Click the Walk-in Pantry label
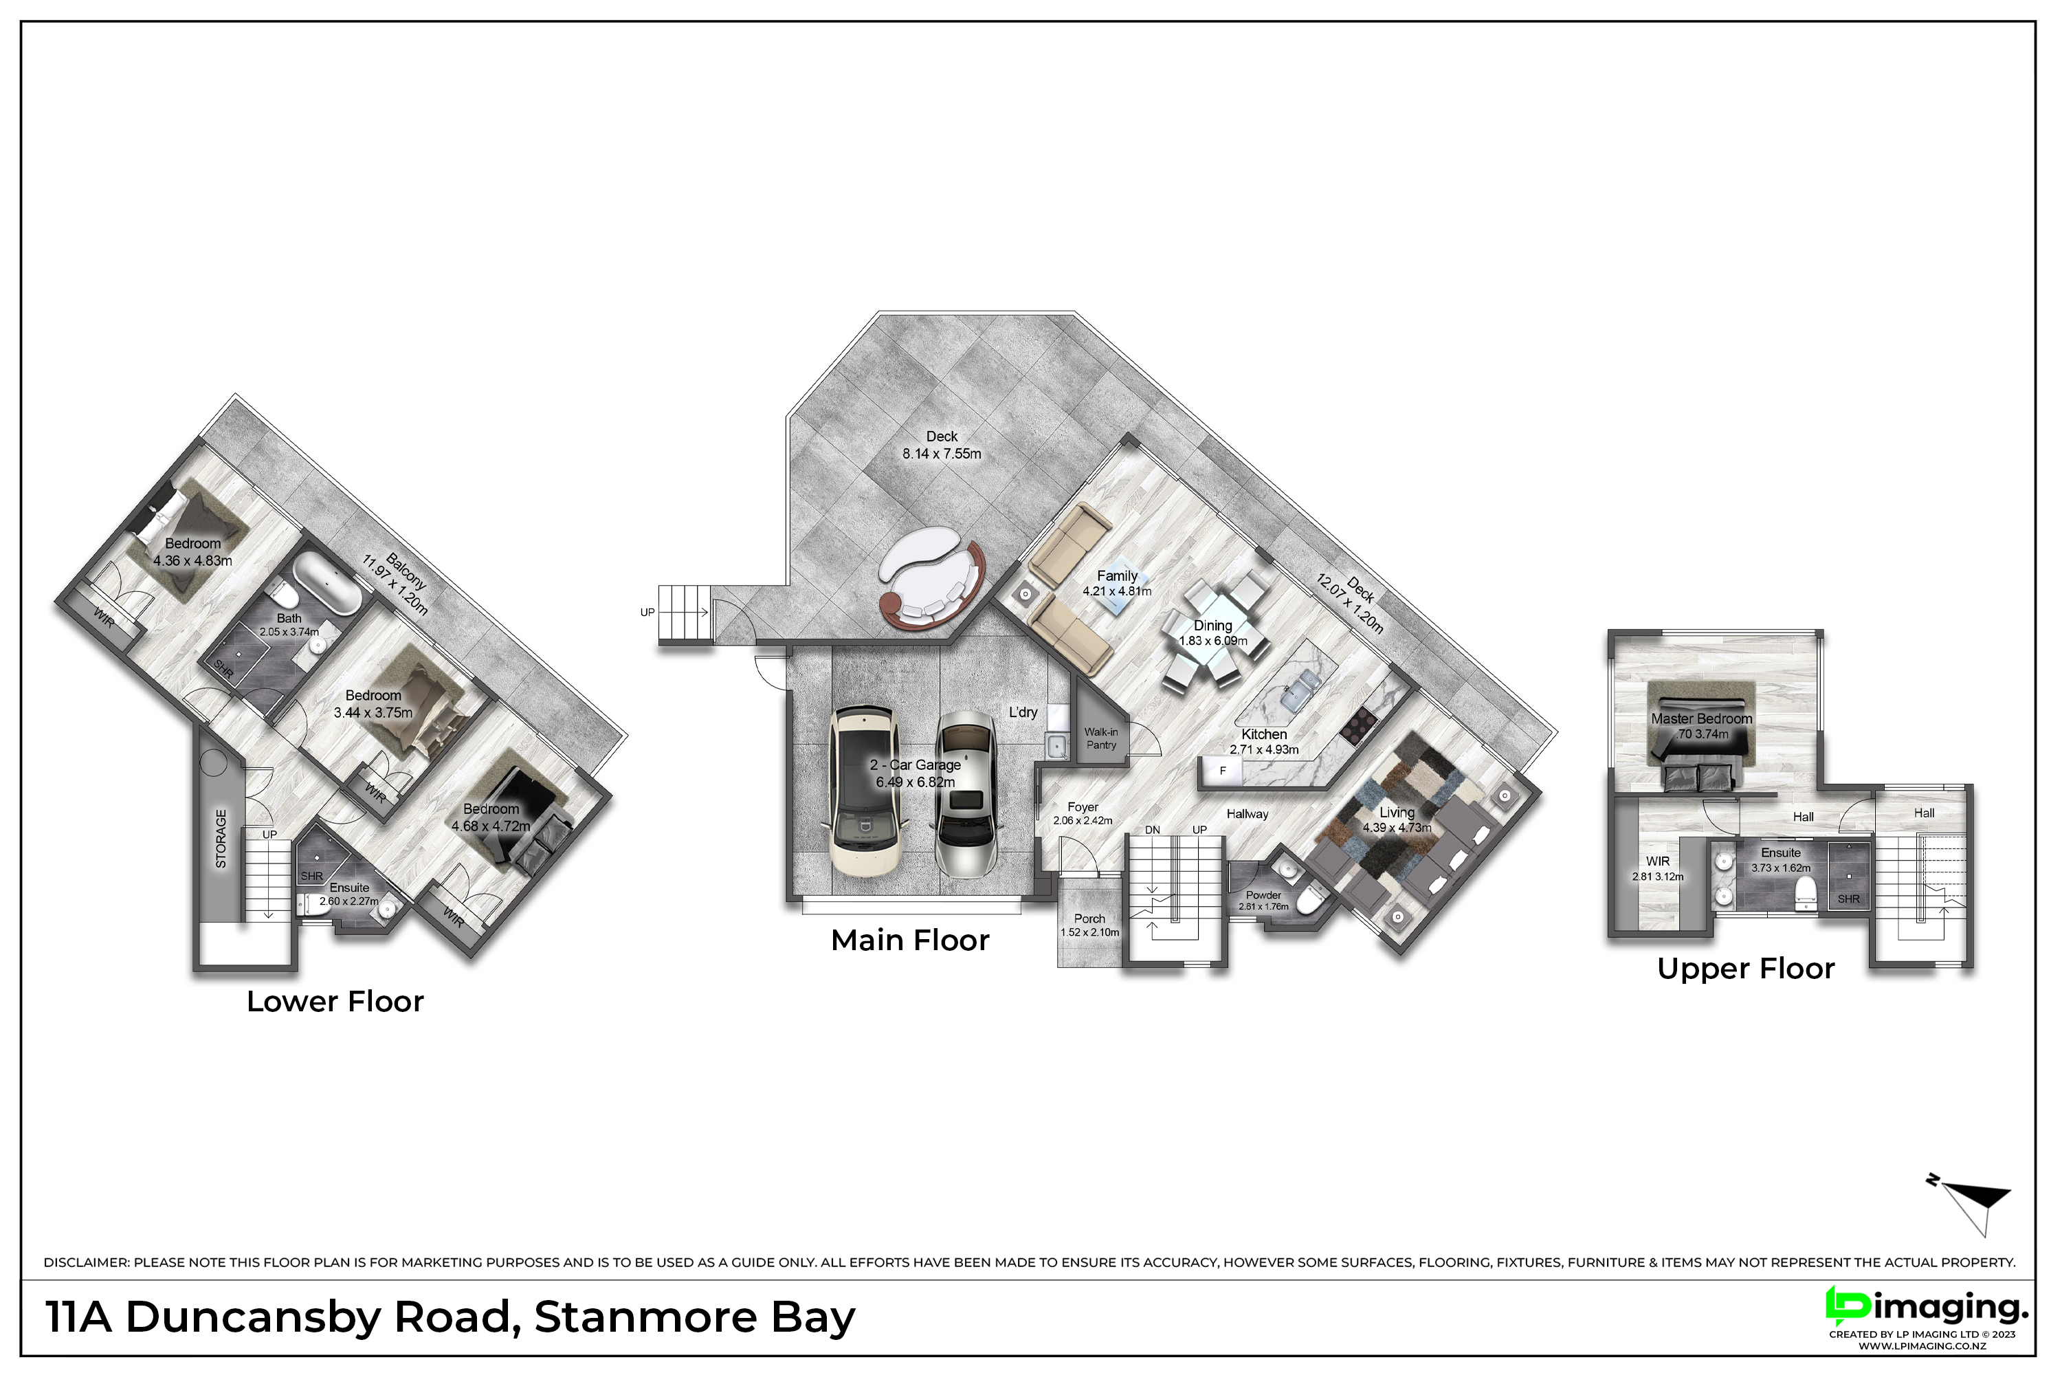coord(1101,738)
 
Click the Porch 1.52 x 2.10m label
coord(1089,925)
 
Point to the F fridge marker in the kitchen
coord(1222,771)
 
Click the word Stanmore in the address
coord(645,1317)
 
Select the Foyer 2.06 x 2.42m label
coord(1083,813)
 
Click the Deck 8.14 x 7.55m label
coord(942,445)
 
